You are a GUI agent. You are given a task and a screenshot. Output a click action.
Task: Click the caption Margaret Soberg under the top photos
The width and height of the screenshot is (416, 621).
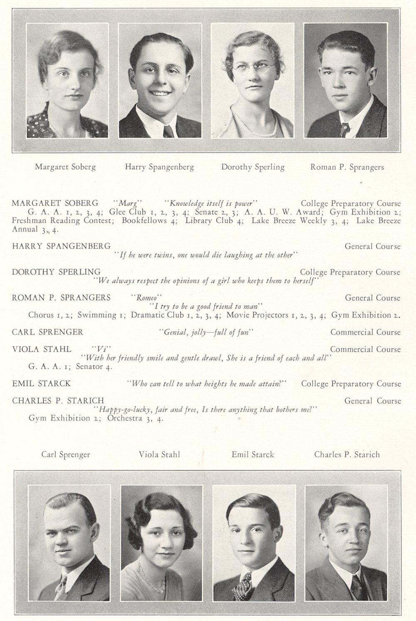65,167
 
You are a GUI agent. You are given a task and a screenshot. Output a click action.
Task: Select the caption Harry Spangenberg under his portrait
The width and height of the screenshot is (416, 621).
159,167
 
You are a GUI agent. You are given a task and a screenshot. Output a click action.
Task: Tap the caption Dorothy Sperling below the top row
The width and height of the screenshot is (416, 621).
253,167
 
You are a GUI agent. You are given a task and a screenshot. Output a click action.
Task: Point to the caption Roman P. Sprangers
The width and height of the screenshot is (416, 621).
347,167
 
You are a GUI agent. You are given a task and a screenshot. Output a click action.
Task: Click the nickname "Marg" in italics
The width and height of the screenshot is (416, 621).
128,204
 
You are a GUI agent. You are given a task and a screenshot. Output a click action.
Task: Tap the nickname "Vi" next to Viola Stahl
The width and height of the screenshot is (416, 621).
102,349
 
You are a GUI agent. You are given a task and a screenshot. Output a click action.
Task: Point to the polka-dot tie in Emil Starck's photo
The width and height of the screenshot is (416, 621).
243,584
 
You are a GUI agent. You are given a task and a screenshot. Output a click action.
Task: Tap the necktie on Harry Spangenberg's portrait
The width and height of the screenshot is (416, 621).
168,131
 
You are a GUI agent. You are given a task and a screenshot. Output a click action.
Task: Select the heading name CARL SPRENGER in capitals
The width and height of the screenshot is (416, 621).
47,332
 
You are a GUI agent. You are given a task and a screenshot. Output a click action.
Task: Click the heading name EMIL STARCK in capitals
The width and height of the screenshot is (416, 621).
41,384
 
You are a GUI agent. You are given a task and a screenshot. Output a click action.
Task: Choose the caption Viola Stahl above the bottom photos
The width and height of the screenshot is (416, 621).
159,454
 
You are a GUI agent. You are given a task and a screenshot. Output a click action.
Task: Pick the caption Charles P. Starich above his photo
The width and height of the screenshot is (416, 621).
347,454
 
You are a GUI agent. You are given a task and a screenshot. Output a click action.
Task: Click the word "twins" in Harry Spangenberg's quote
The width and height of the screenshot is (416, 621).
165,255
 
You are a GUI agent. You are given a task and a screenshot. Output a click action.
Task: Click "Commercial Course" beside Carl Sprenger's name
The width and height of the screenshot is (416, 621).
365,332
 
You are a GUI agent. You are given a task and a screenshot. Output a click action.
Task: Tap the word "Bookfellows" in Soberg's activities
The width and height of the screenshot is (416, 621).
144,221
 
